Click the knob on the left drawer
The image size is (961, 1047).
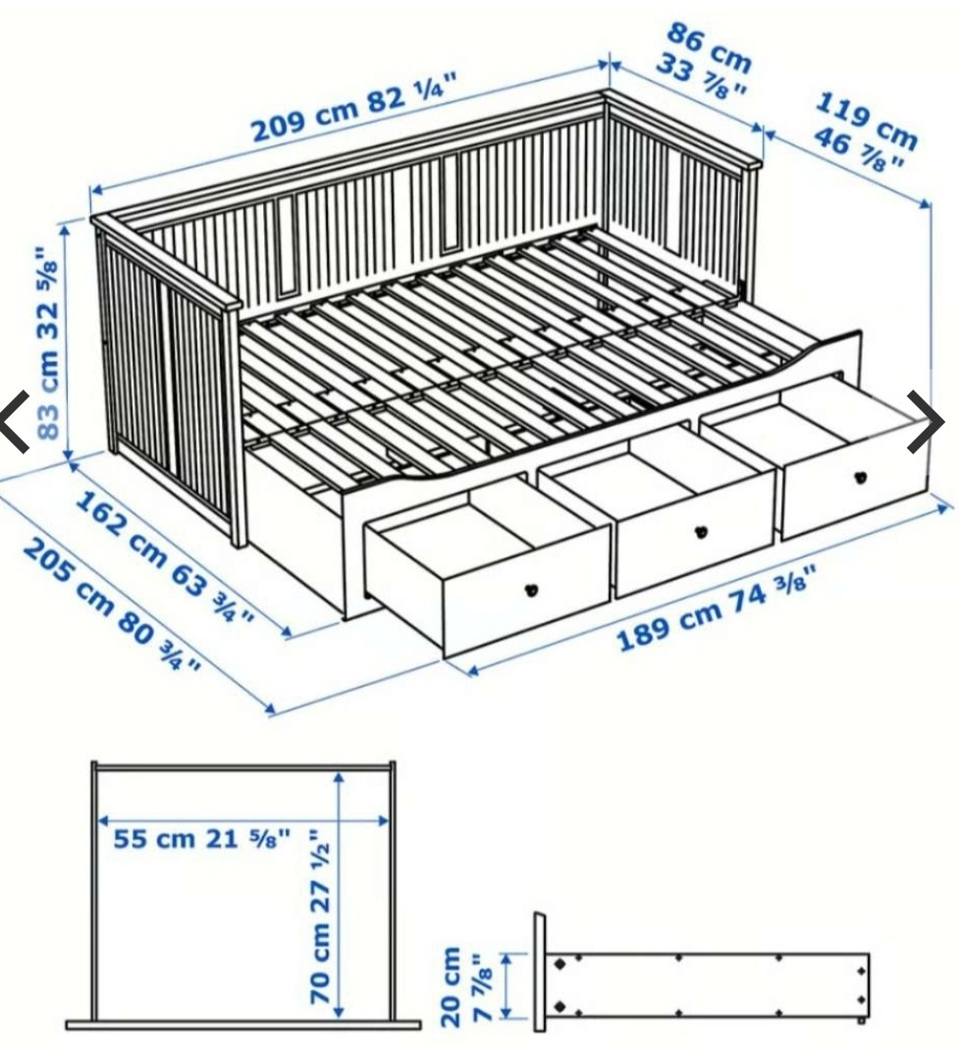pyautogui.click(x=532, y=590)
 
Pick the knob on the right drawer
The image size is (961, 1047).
pyautogui.click(x=861, y=477)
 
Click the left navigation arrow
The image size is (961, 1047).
pyautogui.click(x=14, y=422)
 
